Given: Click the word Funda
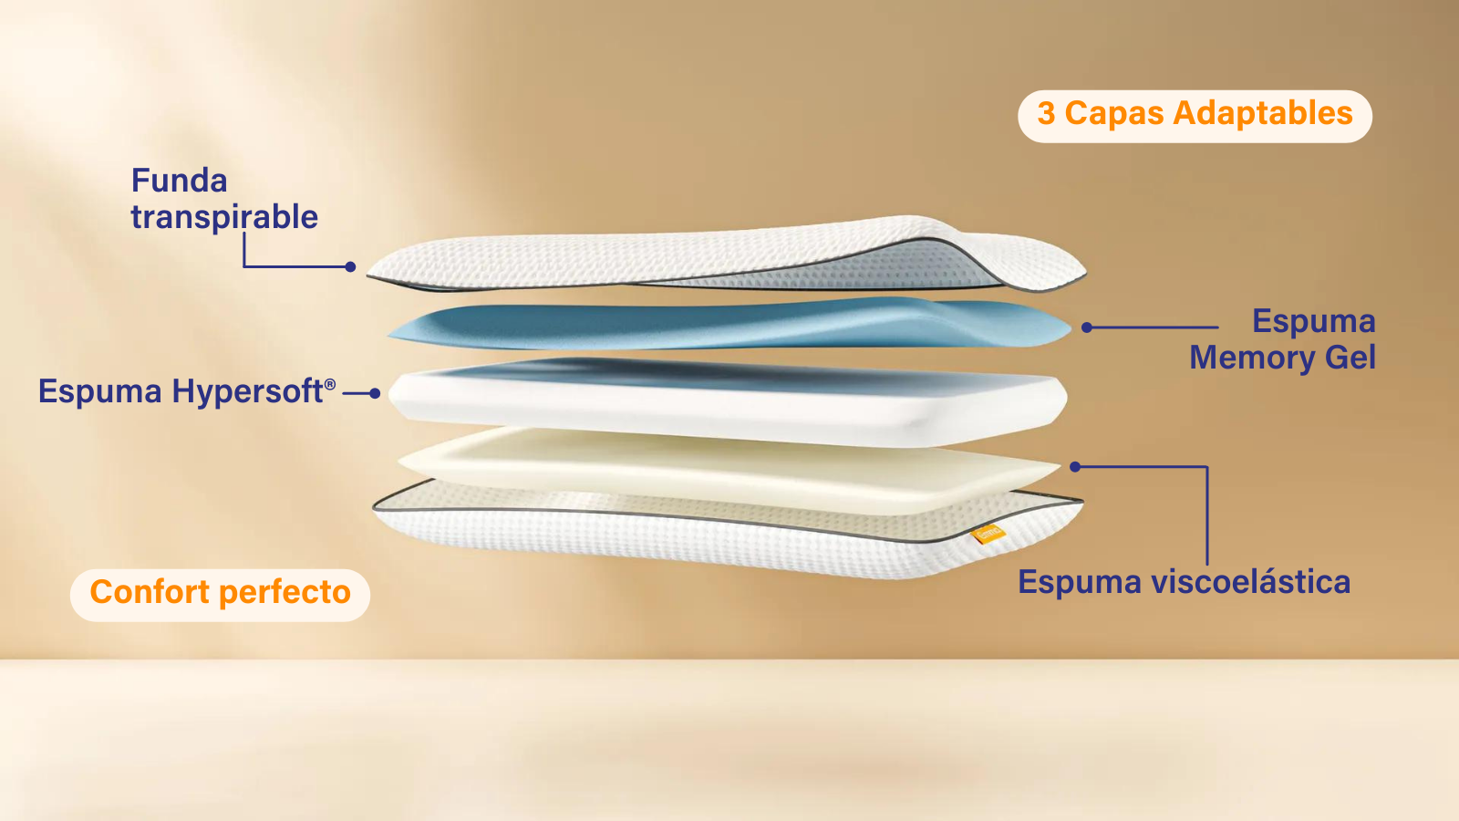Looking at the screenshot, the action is click(x=179, y=181).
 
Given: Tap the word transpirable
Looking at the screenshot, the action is click(x=224, y=218).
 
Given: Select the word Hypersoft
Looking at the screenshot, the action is click(x=247, y=392).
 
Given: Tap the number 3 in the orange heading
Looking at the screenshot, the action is click(x=1046, y=113).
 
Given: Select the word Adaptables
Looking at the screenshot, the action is click(x=1263, y=113).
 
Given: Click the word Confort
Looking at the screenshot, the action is click(x=150, y=592).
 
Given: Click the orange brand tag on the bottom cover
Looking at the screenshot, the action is click(x=988, y=535).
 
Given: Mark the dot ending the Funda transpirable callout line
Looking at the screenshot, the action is click(x=350, y=266).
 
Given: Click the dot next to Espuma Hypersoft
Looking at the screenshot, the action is click(x=375, y=393).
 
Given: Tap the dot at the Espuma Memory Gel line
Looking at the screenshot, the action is click(x=1086, y=327).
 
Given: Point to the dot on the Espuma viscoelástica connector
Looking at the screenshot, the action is click(x=1075, y=466).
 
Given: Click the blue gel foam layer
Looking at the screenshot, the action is click(x=729, y=323).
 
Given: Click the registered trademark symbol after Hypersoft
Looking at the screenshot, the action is click(x=330, y=384).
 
